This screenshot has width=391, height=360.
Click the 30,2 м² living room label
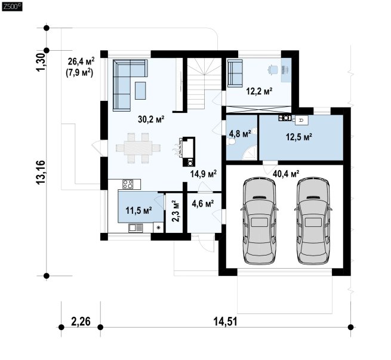pyautogui.click(x=151, y=119)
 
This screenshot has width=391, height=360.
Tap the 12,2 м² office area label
pyautogui.click(x=259, y=91)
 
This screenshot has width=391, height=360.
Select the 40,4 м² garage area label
pyautogui.click(x=286, y=174)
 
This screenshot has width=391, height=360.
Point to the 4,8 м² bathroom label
pyautogui.click(x=239, y=134)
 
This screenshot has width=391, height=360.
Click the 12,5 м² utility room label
pyautogui.click(x=299, y=137)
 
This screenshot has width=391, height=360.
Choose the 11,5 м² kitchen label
pyautogui.click(x=138, y=210)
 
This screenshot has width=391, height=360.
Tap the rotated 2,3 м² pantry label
pyautogui.click(x=176, y=211)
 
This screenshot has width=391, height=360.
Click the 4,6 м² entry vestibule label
pyautogui.click(x=203, y=204)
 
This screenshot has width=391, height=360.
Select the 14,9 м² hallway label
pyautogui.click(x=203, y=174)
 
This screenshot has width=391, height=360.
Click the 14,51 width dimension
pyautogui.click(x=226, y=321)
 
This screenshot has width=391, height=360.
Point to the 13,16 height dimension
pyautogui.click(x=41, y=173)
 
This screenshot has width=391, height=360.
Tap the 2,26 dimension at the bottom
pyautogui.click(x=81, y=321)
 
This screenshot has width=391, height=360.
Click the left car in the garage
pyautogui.click(x=259, y=221)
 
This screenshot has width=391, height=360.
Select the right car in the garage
pyautogui.click(x=313, y=221)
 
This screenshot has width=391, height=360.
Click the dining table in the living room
pyautogui.click(x=138, y=148)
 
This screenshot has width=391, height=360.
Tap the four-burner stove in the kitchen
pyautogui.click(x=128, y=184)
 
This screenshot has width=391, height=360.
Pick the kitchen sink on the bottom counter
pyautogui.click(x=136, y=228)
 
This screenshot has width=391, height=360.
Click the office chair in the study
pyautogui.click(x=273, y=70)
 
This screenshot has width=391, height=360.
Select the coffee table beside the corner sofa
pyautogui.click(x=141, y=91)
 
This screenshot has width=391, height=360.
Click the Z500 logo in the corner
pyautogui.click(x=12, y=7)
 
